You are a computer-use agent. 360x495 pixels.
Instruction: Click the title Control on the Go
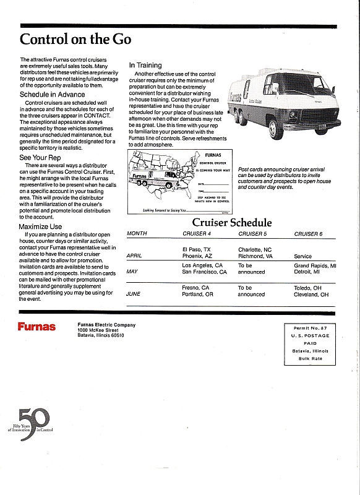click(x=75, y=39)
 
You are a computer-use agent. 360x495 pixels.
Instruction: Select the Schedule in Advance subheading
click(x=53, y=94)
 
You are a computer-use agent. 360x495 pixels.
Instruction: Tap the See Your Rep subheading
click(x=40, y=158)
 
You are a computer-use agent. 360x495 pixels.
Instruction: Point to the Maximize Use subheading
click(x=41, y=226)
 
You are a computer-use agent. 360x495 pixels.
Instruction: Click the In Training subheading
click(x=145, y=65)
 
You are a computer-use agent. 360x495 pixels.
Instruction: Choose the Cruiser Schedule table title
click(x=231, y=223)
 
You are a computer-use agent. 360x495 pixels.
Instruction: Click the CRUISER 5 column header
click(x=253, y=234)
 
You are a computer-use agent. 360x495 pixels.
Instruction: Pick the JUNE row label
click(x=134, y=294)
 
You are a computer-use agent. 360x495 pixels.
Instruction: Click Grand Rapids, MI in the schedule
click(x=315, y=265)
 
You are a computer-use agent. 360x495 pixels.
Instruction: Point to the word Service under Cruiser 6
click(x=303, y=256)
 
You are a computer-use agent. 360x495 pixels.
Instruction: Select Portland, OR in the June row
click(x=198, y=295)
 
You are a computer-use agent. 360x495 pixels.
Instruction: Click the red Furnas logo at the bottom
click(x=36, y=327)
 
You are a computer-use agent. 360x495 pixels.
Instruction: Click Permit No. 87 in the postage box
click(x=311, y=327)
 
